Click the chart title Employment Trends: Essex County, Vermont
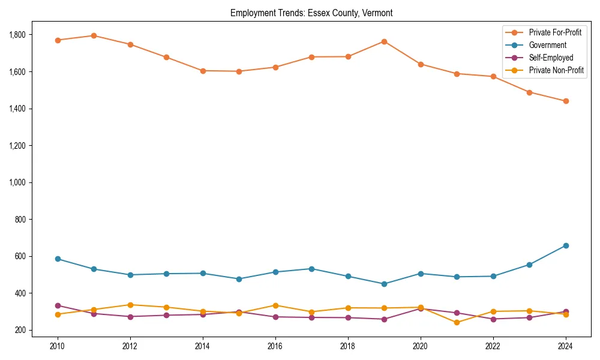pyautogui.click(x=311, y=13)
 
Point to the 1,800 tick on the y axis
pyautogui.click(x=17, y=35)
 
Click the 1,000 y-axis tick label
pyautogui.click(x=17, y=182)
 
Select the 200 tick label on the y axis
pyautogui.click(x=20, y=330)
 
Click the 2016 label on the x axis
pyautogui.click(x=275, y=346)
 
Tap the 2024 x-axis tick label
pyautogui.click(x=565, y=346)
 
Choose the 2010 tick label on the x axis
pyautogui.click(x=58, y=346)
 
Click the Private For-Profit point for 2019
pyautogui.click(x=384, y=41)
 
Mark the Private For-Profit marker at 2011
pyautogui.click(x=94, y=35)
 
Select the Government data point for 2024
pyautogui.click(x=565, y=245)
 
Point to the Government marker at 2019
pyautogui.click(x=384, y=284)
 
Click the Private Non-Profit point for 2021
pyautogui.click(x=457, y=322)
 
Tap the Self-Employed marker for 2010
pyautogui.click(x=58, y=305)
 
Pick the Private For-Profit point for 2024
pyautogui.click(x=565, y=101)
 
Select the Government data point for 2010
pyautogui.click(x=58, y=259)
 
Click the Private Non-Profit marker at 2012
pyautogui.click(x=130, y=305)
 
